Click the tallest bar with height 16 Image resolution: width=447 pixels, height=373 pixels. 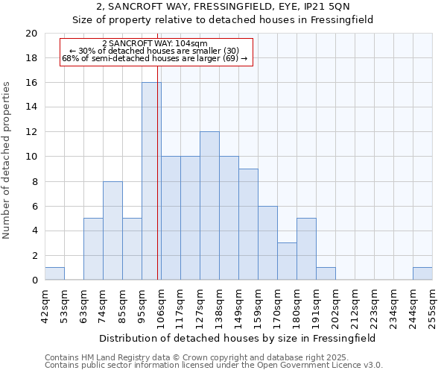pos(151,181)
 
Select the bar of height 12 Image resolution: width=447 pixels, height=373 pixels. pos(209,206)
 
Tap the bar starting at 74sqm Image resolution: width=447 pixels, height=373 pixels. pos(112,231)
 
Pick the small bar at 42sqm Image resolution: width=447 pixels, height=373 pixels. pos(54,273)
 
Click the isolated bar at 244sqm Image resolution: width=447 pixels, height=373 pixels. pos(422,273)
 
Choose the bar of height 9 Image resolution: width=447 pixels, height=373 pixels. pos(248,225)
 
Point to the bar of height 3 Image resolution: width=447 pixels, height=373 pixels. pos(287,261)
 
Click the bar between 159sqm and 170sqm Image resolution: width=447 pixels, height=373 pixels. pos(267,242)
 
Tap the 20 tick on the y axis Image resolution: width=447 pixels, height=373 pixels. pos(31,34)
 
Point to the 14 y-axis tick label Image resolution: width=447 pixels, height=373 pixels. pos(31,107)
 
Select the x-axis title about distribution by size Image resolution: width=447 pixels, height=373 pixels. pos(237,338)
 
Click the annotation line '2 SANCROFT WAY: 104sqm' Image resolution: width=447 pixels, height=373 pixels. pos(155,43)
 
